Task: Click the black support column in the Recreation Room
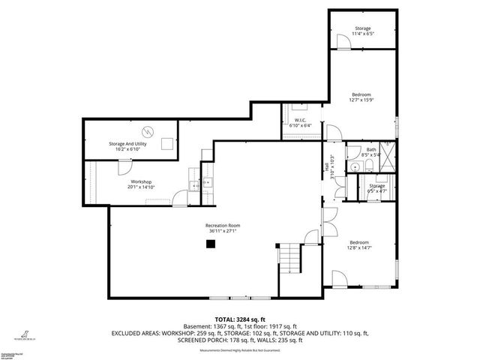click(211, 242)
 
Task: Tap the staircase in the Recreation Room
click(289, 259)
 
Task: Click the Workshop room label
click(142, 182)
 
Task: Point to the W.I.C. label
click(299, 120)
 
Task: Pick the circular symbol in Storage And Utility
click(148, 131)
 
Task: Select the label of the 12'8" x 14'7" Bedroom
click(359, 242)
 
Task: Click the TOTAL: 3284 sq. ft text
click(239, 319)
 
